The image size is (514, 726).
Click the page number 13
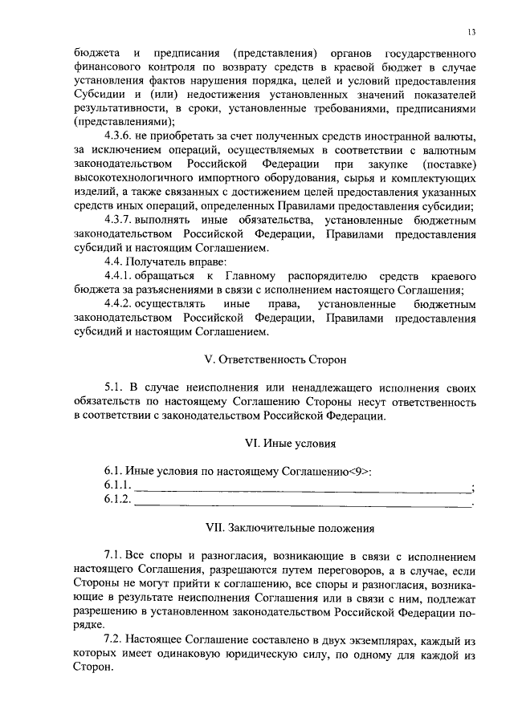(x=471, y=32)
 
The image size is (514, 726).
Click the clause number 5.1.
(x=115, y=387)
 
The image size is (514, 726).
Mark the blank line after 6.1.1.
(x=302, y=487)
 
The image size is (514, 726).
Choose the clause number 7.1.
(x=115, y=555)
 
